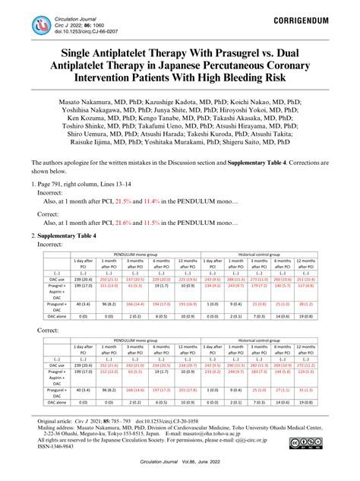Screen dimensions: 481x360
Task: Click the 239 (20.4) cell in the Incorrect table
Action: pos(83,280)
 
